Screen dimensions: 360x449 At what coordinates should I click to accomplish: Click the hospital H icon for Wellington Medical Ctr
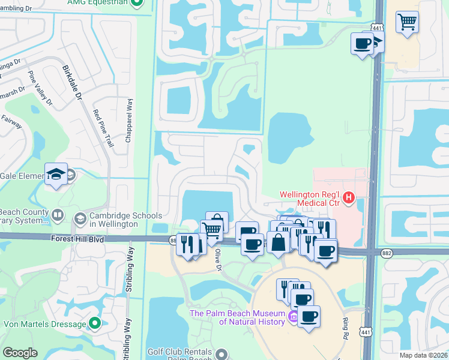tap(348, 196)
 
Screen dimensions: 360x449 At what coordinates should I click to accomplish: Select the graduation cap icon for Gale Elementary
tap(56, 175)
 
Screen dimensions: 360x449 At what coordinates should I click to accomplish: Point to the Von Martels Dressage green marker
tap(94, 324)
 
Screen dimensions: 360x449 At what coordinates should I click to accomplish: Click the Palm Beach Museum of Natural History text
tap(238, 317)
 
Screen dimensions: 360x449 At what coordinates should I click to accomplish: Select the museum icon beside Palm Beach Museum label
tap(294, 316)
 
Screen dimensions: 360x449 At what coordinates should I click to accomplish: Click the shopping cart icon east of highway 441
tap(408, 23)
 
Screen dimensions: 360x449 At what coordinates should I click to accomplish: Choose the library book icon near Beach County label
tap(58, 214)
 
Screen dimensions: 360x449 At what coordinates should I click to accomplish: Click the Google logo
tap(20, 353)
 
